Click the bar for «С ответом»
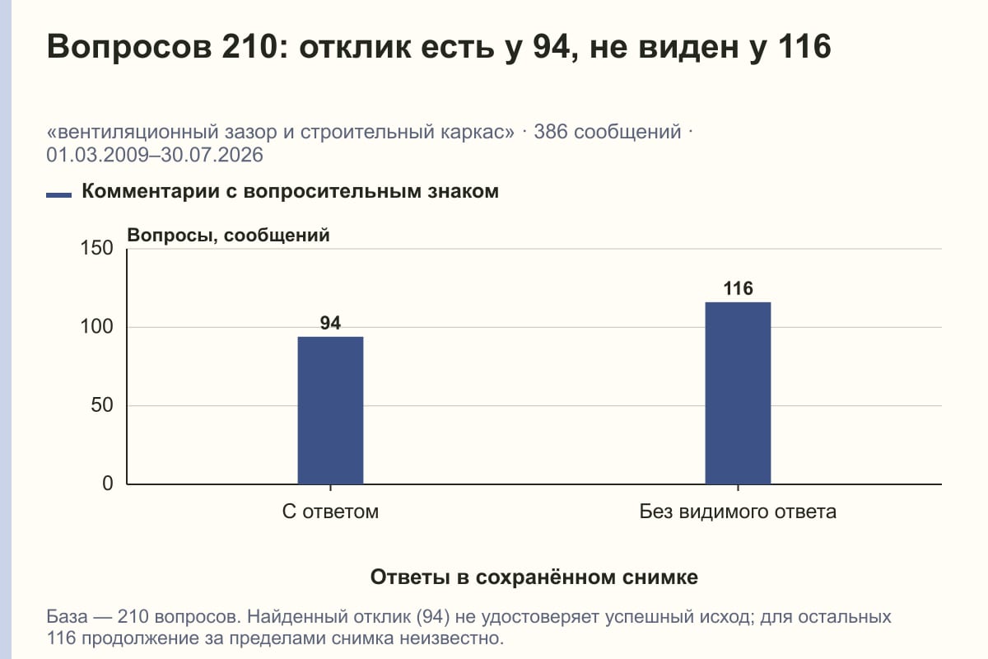coord(330,410)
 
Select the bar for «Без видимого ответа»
coord(738,393)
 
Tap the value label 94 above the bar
coord(330,323)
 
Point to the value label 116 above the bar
coord(738,288)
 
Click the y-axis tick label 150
coord(96,248)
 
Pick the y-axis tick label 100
coord(96,327)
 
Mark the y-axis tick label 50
coord(102,405)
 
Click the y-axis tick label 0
coord(108,484)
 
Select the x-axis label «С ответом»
coord(330,512)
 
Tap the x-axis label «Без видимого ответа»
coord(738,512)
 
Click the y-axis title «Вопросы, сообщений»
coord(229,236)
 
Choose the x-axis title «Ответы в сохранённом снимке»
coord(534,577)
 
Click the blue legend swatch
coord(58,195)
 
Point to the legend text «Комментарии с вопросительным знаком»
coord(290,192)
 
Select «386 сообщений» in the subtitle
coord(608,133)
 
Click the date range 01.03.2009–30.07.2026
coord(155,156)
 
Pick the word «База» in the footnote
coord(67,617)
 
